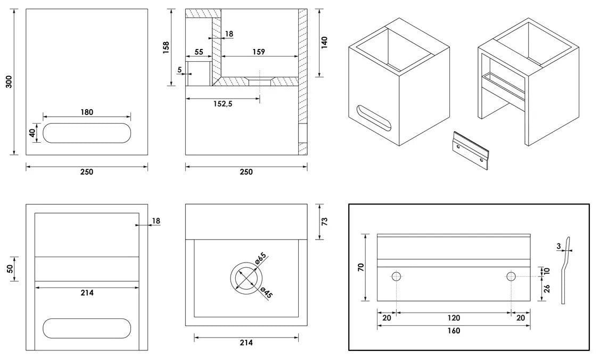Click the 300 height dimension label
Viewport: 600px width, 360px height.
pos(9,81)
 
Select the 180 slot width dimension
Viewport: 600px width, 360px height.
pos(87,112)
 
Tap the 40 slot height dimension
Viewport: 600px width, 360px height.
pos(32,133)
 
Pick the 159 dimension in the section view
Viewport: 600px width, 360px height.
pos(258,52)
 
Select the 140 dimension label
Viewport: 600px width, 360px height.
pos(324,42)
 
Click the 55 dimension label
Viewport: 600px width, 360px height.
pos(199,52)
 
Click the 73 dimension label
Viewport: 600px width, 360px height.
pos(324,221)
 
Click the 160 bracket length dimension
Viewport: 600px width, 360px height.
pos(454,331)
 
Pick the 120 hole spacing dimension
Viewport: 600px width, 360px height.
pos(454,318)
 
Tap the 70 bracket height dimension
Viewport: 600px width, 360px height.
pos(360,267)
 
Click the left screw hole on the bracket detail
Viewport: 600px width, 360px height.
pos(397,276)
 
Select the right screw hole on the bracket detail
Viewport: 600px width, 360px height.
pos(511,276)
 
